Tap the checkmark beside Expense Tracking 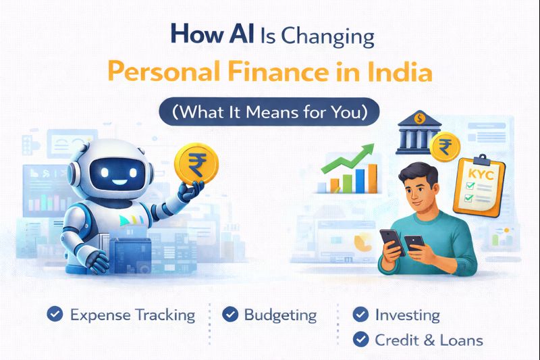click(55, 314)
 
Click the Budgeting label click(280, 315)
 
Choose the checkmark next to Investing click(361, 315)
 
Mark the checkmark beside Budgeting click(231, 314)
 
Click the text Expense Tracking click(132, 315)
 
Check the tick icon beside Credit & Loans click(361, 340)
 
